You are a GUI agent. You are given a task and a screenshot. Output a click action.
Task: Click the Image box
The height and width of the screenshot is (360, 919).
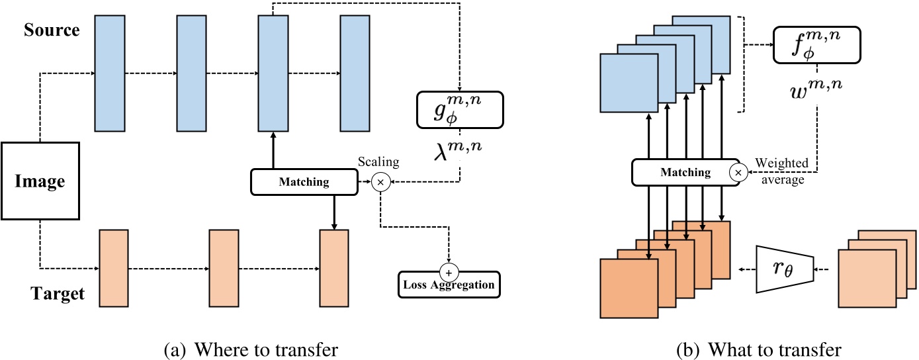[x=40, y=180]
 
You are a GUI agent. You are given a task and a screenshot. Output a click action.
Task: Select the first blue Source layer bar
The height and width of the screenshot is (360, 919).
[x=110, y=73]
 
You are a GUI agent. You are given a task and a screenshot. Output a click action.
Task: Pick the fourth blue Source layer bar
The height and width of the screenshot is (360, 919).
[x=354, y=73]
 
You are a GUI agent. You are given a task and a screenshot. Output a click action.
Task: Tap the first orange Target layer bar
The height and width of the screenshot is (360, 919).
[x=113, y=268]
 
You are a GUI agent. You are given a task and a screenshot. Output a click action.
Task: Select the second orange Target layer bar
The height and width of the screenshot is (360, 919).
[x=223, y=268]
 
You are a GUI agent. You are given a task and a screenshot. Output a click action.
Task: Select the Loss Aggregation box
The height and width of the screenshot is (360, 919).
[x=449, y=285]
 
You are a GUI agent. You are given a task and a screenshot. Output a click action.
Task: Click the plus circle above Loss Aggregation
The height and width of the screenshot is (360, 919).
[x=449, y=271]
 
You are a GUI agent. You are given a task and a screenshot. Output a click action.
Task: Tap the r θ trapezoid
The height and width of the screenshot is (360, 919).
[x=783, y=269]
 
